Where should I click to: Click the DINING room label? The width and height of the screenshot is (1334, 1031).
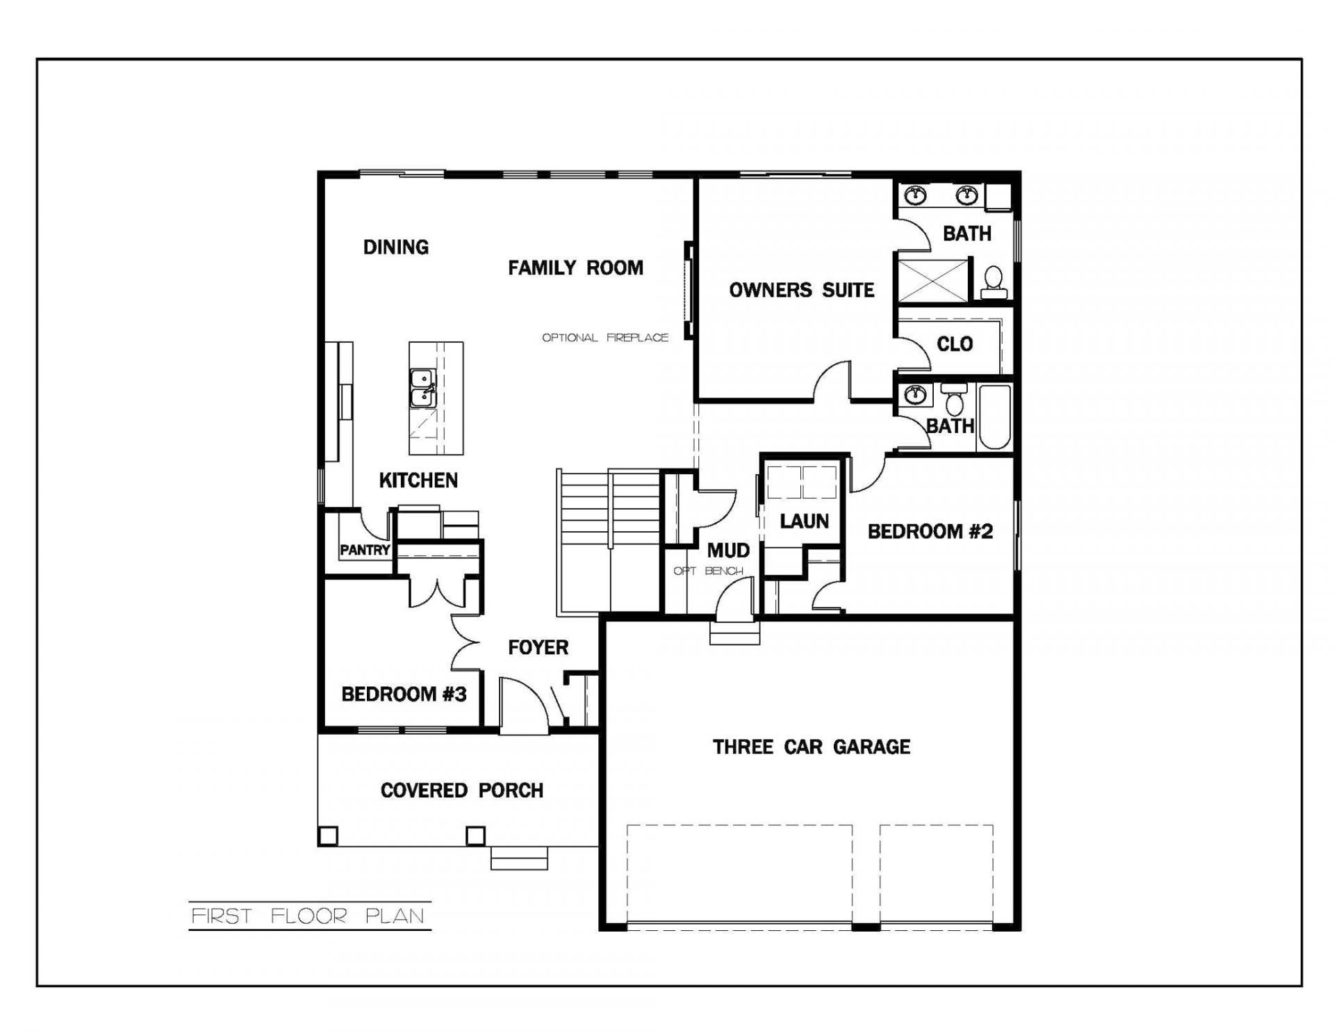point(396,247)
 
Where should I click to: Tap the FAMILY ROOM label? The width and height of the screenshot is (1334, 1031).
point(575,268)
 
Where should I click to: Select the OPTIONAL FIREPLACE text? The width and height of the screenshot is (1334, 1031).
point(605,338)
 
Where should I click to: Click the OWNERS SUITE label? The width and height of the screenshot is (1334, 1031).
point(802,290)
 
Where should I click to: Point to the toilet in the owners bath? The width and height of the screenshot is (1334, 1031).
point(994,282)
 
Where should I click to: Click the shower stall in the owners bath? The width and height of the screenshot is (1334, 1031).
point(933,280)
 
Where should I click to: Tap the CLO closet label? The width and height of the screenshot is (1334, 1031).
point(955,344)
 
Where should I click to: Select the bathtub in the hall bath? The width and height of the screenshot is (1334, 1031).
point(994,417)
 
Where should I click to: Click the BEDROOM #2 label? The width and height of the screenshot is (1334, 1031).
point(930,532)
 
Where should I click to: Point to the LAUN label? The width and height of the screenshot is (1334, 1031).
point(805,521)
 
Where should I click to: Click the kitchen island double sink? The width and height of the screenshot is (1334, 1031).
point(422,388)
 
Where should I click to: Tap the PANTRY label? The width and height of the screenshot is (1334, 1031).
point(365,550)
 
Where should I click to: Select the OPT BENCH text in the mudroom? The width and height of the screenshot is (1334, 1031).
point(708,571)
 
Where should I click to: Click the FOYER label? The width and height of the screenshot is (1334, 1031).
point(538,648)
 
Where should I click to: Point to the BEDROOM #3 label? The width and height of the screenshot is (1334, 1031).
point(404,695)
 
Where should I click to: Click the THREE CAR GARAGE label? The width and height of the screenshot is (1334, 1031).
point(812,747)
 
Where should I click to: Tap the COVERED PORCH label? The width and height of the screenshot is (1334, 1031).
point(462,790)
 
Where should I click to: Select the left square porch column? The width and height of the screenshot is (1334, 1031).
point(328,835)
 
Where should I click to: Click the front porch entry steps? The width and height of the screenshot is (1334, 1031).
point(519,859)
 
